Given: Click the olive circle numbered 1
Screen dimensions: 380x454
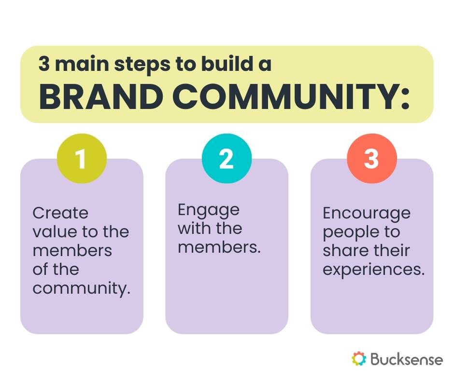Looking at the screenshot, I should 81,159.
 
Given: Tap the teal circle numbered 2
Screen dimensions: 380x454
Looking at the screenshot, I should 227,159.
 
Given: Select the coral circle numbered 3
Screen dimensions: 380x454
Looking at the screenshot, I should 371,159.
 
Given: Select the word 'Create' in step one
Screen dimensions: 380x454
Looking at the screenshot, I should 60,213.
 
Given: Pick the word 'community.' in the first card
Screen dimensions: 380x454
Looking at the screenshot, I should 82,289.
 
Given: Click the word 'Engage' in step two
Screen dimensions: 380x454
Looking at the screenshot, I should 208,210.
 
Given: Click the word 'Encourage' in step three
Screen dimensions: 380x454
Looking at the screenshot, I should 367,213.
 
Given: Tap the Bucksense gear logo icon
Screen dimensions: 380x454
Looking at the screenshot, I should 359,358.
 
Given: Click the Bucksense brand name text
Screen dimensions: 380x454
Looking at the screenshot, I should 407,359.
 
